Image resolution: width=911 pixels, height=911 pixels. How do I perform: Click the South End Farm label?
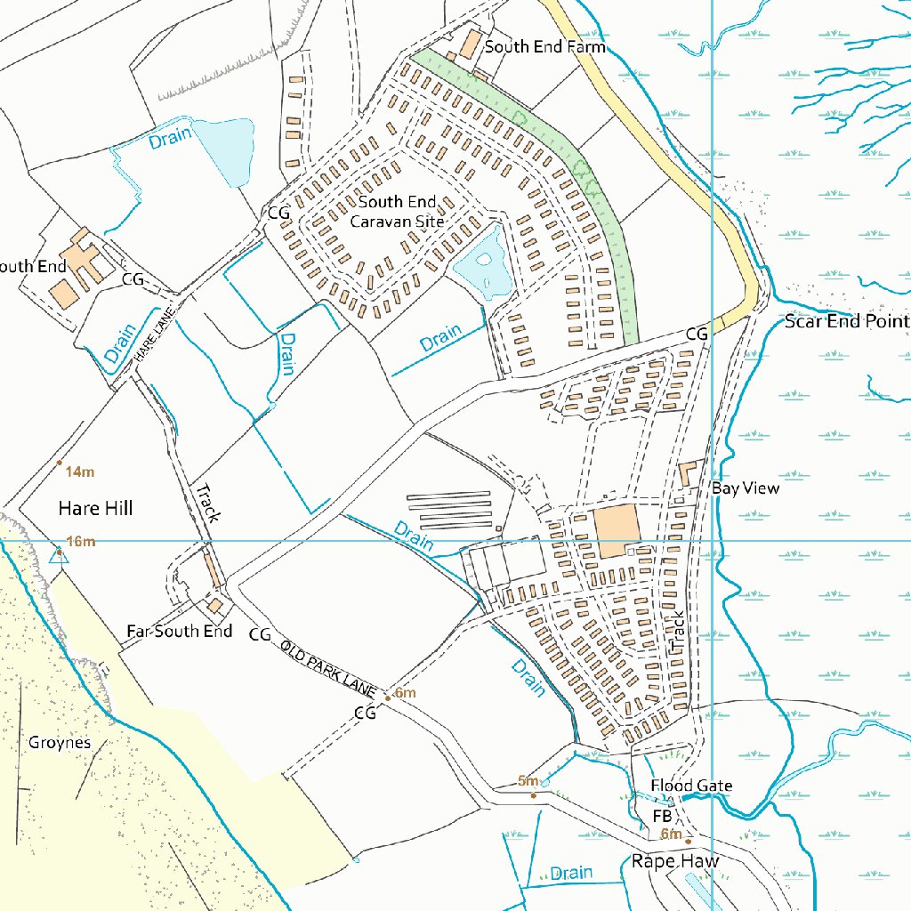tap(544, 46)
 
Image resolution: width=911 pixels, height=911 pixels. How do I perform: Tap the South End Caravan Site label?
tap(397, 212)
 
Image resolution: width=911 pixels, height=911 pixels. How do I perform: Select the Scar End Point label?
tap(846, 321)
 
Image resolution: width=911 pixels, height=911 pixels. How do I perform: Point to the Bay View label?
tap(745, 488)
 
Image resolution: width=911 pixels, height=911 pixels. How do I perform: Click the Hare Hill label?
tap(95, 508)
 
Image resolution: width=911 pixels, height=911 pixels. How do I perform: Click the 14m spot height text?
tap(80, 471)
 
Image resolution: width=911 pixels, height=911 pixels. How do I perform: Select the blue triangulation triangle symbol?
tap(59, 556)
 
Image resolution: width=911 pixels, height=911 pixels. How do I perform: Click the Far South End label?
tap(179, 631)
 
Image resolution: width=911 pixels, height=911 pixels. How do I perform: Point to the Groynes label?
tap(60, 742)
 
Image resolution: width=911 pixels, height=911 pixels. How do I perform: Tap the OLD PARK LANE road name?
tap(330, 668)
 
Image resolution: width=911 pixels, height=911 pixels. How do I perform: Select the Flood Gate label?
tap(691, 786)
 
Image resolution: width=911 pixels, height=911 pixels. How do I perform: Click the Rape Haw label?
tap(674, 860)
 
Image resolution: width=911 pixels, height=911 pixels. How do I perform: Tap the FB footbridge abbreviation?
tap(662, 816)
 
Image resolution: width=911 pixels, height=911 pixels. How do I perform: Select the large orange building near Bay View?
tap(617, 531)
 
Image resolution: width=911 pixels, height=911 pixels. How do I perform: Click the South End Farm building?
tap(470, 43)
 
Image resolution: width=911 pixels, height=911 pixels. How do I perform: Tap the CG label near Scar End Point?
tap(697, 334)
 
